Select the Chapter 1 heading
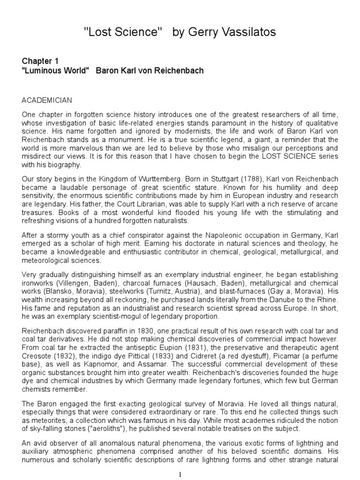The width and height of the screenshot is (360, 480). click(41, 61)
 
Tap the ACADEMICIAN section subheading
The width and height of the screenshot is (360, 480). click(47, 100)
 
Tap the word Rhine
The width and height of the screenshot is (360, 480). click(327, 299)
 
